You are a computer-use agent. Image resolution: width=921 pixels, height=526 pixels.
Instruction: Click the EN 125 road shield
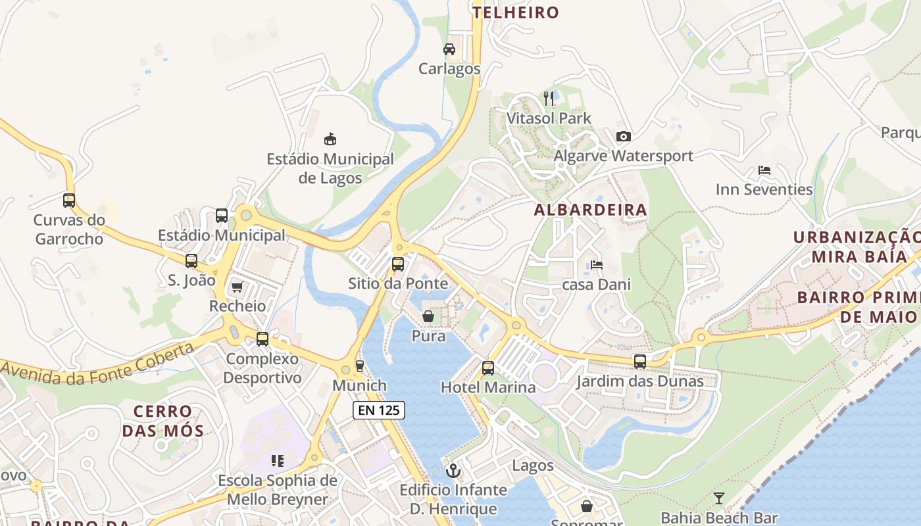click(x=378, y=411)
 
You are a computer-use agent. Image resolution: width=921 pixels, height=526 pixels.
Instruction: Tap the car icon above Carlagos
click(x=449, y=49)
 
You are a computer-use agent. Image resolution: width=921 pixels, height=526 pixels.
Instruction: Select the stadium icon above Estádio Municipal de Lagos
click(x=330, y=139)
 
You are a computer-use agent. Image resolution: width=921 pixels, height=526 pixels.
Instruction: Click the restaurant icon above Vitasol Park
click(x=549, y=99)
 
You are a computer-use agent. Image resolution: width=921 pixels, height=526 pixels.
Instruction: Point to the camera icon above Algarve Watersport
click(x=623, y=136)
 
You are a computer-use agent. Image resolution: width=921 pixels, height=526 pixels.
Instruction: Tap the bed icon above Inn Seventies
click(x=764, y=170)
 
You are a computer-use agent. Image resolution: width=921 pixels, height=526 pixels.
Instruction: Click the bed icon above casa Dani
click(x=596, y=265)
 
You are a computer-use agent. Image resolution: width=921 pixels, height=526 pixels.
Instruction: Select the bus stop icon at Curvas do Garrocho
click(x=69, y=201)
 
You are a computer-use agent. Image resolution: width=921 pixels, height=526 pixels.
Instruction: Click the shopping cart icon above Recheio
click(x=237, y=287)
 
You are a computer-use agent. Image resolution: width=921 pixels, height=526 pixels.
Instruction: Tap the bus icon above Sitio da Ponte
click(x=398, y=264)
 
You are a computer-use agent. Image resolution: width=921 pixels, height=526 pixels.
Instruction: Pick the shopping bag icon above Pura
click(x=428, y=317)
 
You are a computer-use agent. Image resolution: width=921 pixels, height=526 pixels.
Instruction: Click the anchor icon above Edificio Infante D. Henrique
click(x=453, y=471)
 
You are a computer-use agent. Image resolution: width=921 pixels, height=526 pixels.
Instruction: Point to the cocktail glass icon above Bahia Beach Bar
click(x=719, y=498)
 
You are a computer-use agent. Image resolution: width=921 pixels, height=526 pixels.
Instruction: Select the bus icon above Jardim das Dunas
click(x=639, y=362)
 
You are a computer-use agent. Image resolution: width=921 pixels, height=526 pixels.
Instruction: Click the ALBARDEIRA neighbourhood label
click(x=590, y=210)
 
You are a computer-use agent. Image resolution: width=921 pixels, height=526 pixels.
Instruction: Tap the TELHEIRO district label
click(x=516, y=12)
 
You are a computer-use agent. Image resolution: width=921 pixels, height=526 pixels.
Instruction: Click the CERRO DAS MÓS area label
click(x=163, y=421)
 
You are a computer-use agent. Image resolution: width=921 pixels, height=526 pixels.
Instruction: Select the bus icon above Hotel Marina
click(x=487, y=368)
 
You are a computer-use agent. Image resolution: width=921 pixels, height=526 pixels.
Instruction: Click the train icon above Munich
click(x=359, y=366)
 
